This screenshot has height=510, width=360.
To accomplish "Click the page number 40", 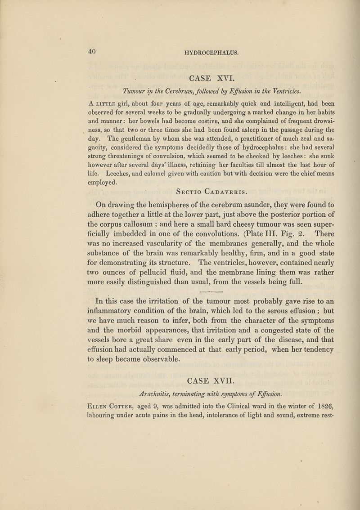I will tap(92, 51).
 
